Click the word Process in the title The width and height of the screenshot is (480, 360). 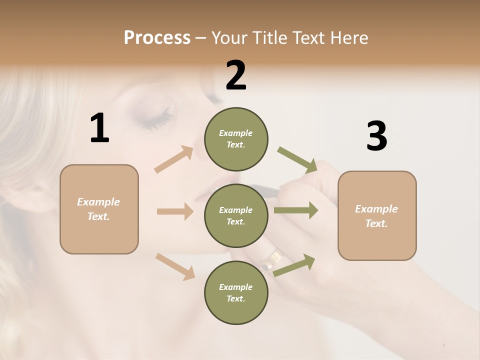[x=157, y=38]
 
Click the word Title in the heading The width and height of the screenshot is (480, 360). [x=270, y=38]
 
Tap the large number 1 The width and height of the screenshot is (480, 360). [x=99, y=128]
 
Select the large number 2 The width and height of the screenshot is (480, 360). [x=236, y=75]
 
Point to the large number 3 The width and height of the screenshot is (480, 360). [x=376, y=136]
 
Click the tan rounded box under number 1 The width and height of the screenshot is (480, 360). [x=99, y=209]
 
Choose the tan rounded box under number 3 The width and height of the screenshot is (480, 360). [x=377, y=215]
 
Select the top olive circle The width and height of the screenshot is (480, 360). [x=236, y=139]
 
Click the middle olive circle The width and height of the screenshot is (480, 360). [x=236, y=215]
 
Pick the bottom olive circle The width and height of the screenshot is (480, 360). [x=236, y=292]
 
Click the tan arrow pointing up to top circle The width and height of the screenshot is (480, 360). [x=174, y=159]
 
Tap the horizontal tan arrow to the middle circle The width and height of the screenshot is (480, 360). [x=175, y=211]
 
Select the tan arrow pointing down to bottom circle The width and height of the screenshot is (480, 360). [x=175, y=266]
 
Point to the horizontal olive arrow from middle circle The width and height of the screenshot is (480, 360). [x=295, y=210]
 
